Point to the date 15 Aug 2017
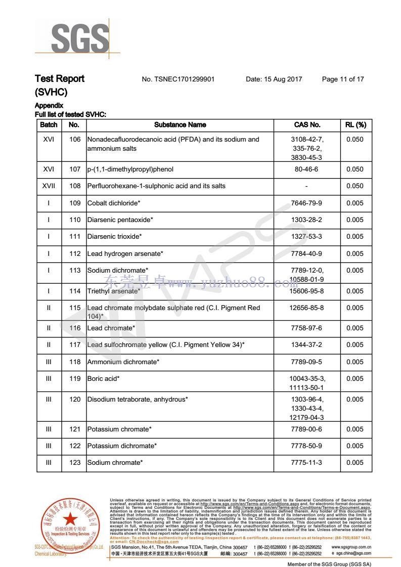tap(274, 79)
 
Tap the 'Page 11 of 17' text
tap(342, 79)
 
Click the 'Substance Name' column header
tap(180, 124)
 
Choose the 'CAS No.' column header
tap(307, 124)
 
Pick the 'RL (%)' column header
tap(355, 124)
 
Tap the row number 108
tap(75, 186)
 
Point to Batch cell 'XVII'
tap(49, 186)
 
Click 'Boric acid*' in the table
tap(103, 378)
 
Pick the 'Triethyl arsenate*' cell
tap(113, 291)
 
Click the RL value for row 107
tap(355, 169)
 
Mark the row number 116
tap(75, 328)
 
